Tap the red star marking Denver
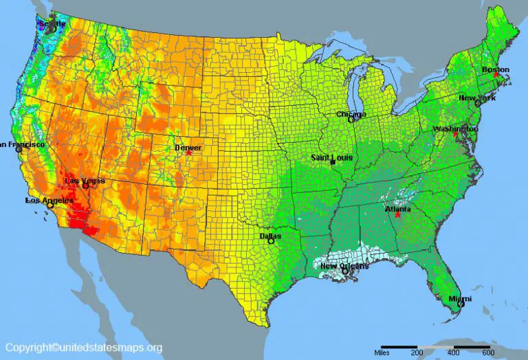click(x=189, y=153)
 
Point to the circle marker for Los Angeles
click(x=49, y=205)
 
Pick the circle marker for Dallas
click(x=271, y=241)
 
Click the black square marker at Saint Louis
click(x=332, y=163)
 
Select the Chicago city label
click(x=351, y=114)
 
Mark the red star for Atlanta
click(x=397, y=215)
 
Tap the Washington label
click(x=455, y=128)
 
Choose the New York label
click(x=476, y=98)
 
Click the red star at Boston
click(x=496, y=75)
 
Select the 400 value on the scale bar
click(x=454, y=352)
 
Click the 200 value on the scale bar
click(x=417, y=352)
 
